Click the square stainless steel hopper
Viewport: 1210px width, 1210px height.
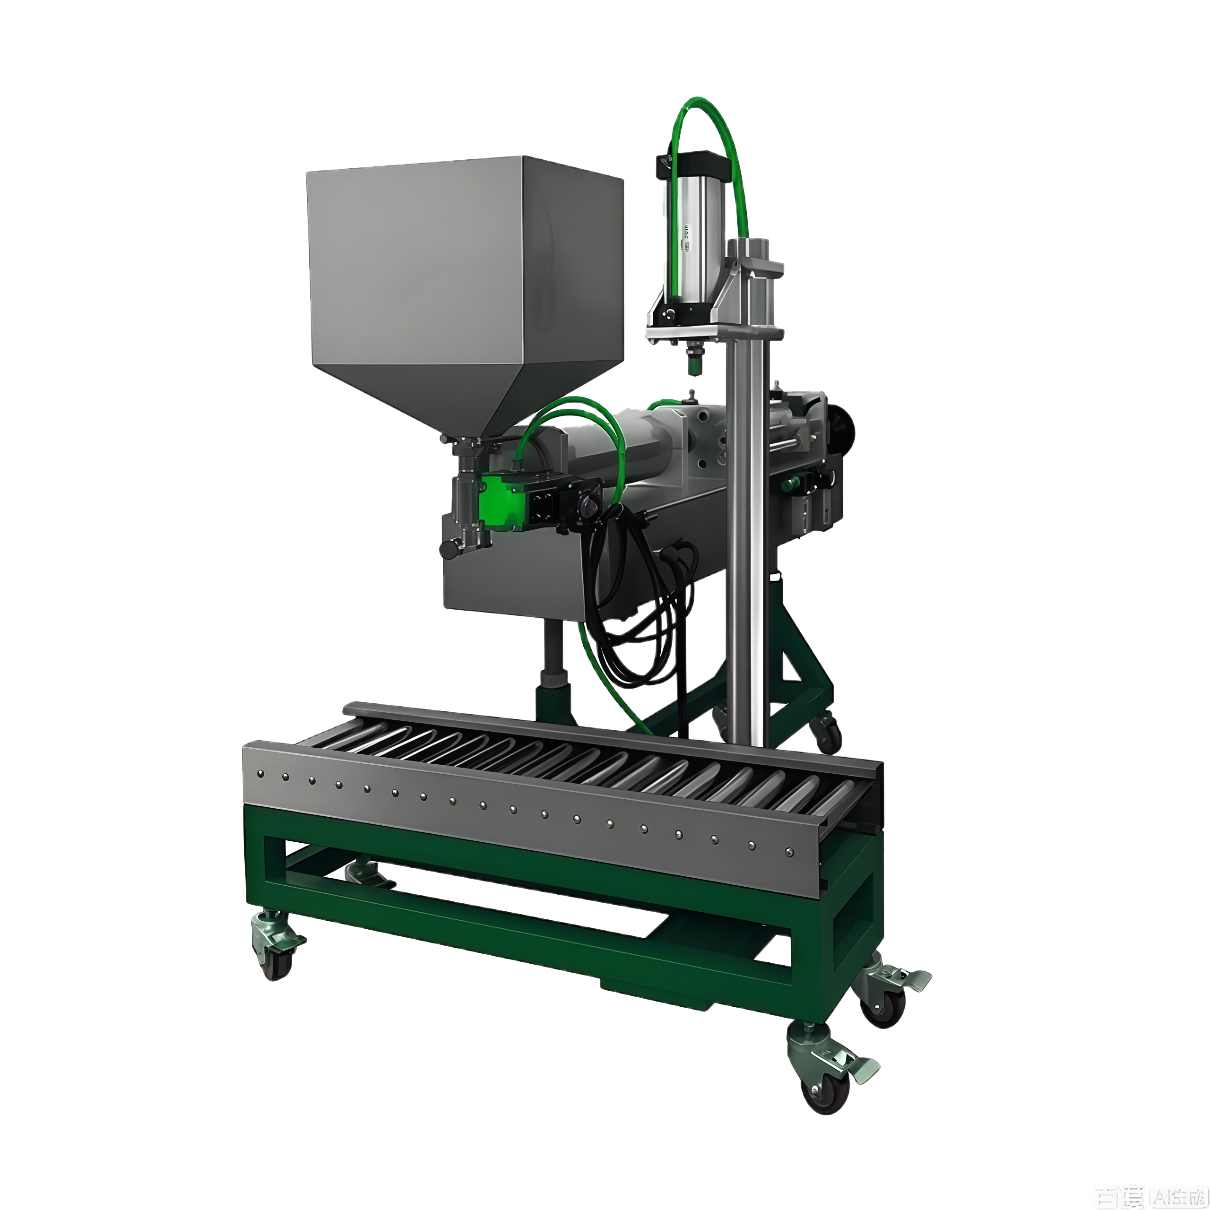click(464, 263)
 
